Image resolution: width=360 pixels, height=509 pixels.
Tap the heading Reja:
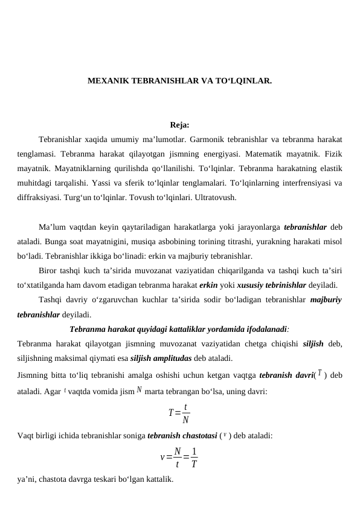pyautogui.click(x=179, y=126)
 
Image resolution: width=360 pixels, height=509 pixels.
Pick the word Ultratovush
pyautogui.click(x=217, y=197)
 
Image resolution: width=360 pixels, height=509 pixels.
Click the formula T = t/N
pyautogui.click(x=179, y=413)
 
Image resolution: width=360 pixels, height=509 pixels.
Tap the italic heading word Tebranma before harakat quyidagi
pyautogui.click(x=89, y=330)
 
